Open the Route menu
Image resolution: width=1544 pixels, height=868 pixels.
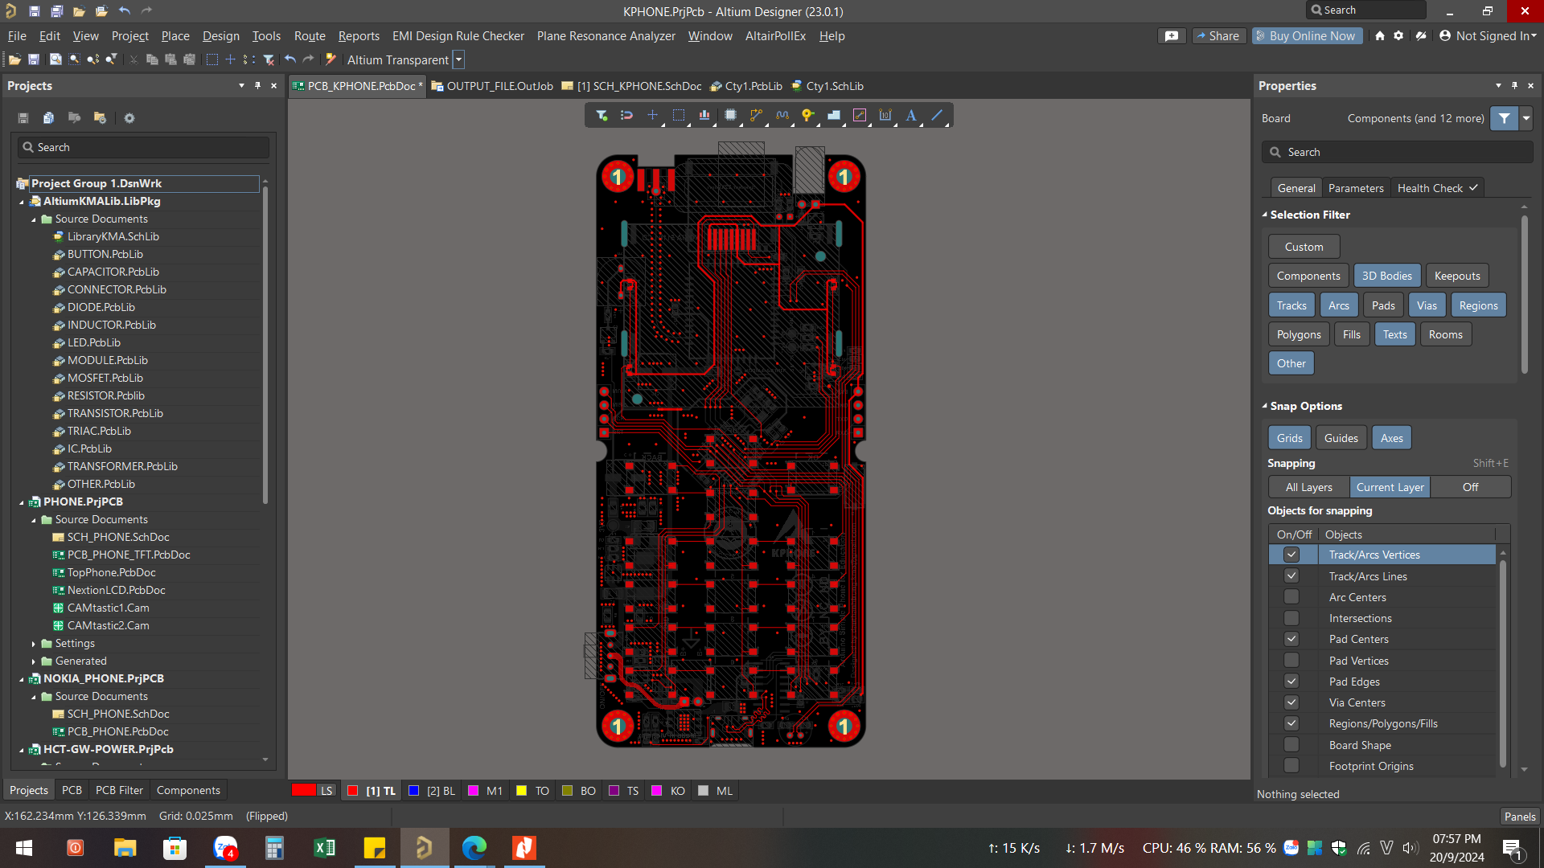tap(310, 36)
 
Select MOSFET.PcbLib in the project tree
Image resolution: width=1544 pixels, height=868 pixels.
tap(105, 378)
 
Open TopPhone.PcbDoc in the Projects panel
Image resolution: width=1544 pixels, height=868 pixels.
tap(111, 572)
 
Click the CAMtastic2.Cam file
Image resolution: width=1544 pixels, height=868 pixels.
tap(108, 625)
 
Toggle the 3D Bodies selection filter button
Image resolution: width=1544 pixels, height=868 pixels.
tap(1386, 276)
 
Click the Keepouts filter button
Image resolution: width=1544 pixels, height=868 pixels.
tap(1456, 276)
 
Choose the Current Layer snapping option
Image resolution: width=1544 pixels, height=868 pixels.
tap(1390, 487)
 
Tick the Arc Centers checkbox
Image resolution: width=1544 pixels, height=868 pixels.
tap(1291, 597)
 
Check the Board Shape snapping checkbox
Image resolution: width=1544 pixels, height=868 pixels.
tap(1291, 745)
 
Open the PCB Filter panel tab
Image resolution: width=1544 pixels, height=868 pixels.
tap(119, 790)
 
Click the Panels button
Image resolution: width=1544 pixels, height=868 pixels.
tap(1519, 817)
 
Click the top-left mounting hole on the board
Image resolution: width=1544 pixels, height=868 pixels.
tap(618, 176)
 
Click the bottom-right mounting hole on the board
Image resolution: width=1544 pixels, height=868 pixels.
tap(844, 727)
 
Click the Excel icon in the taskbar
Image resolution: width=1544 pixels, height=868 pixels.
tap(325, 848)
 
